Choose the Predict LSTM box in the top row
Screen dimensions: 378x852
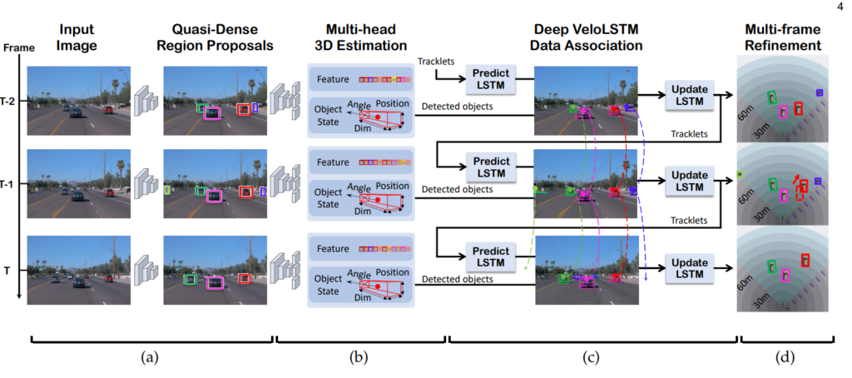point(490,79)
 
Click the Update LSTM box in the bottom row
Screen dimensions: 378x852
point(690,266)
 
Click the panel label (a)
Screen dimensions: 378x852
point(149,359)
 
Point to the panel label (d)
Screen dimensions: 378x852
point(783,359)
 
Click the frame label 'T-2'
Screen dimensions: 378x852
point(9,97)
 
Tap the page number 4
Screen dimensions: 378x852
point(836,8)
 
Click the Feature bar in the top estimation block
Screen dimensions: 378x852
point(361,80)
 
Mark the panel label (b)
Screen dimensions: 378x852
point(359,359)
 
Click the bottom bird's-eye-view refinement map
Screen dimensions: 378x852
point(783,272)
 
